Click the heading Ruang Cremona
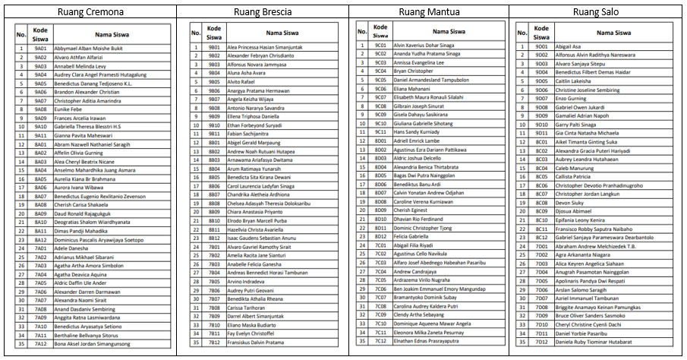coord(89,11)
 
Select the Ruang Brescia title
coord(262,11)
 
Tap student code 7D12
coord(541,343)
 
